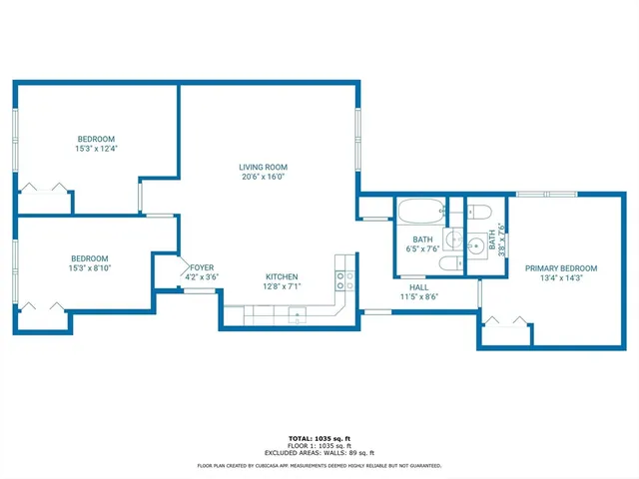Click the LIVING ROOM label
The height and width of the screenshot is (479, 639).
[263, 167]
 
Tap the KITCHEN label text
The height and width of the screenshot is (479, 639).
[281, 276]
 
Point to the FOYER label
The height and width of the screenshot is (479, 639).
[203, 267]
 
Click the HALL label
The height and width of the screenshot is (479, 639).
[419, 286]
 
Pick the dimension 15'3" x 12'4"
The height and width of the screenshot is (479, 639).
[96, 149]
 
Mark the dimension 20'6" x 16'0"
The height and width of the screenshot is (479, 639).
[263, 177]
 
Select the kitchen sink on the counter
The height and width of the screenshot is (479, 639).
[297, 317]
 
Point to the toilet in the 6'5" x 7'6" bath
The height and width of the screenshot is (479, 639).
[451, 262]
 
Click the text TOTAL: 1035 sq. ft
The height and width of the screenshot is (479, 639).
[319, 439]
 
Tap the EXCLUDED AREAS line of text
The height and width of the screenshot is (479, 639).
[319, 453]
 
